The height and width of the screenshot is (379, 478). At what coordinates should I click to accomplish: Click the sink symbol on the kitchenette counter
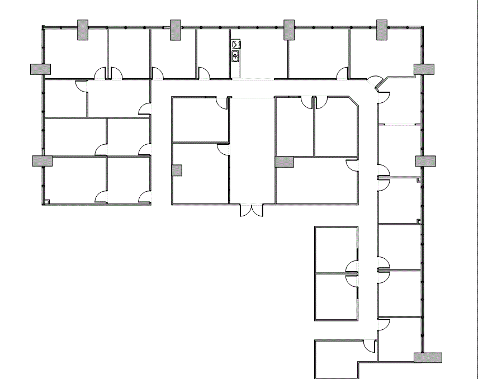[x=236, y=55]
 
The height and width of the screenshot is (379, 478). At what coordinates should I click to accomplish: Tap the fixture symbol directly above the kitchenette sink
[x=236, y=44]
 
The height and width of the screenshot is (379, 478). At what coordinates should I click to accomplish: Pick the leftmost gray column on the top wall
[x=82, y=30]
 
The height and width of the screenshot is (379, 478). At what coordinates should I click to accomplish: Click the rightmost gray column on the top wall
[x=382, y=29]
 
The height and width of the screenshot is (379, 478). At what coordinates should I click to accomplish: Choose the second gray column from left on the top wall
[x=176, y=30]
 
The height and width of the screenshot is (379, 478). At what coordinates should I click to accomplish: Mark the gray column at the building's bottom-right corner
[x=428, y=357]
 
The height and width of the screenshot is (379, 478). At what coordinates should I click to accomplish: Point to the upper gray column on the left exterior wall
[x=40, y=69]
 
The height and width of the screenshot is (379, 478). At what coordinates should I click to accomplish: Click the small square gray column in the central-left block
[x=177, y=170]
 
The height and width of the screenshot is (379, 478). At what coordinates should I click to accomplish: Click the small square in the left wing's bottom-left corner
[x=48, y=201]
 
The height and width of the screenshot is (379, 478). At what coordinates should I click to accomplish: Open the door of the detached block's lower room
[x=352, y=279]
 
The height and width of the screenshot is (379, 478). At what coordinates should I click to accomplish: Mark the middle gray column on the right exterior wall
[x=425, y=160]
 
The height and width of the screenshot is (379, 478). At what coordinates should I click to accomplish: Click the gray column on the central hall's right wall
[x=285, y=162]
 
